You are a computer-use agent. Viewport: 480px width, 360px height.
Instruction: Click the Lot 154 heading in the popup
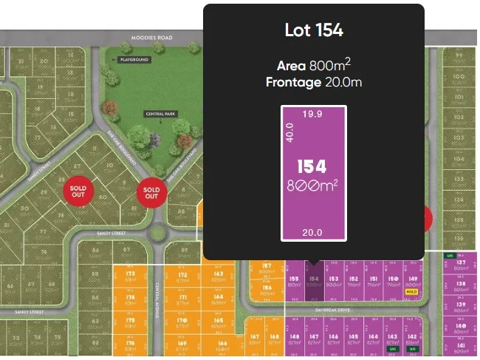point(314,30)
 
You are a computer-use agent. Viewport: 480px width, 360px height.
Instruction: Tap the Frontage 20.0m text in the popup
point(314,82)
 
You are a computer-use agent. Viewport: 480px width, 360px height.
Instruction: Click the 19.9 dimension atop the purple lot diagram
point(313,114)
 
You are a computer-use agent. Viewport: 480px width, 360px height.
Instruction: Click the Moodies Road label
point(151,37)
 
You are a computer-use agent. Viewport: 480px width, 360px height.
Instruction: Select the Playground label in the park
point(134,59)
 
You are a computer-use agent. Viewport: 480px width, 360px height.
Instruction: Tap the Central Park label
point(155,115)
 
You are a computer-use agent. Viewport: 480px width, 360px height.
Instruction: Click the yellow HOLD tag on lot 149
point(412,292)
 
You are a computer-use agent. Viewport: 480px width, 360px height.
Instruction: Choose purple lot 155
point(293,282)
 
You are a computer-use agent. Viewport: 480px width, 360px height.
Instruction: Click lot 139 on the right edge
point(462,308)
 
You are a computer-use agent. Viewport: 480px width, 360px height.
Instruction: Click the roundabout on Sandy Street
point(157,235)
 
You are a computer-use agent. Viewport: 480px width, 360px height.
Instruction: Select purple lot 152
point(354,282)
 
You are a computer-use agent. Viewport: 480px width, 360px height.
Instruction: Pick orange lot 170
point(182,322)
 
